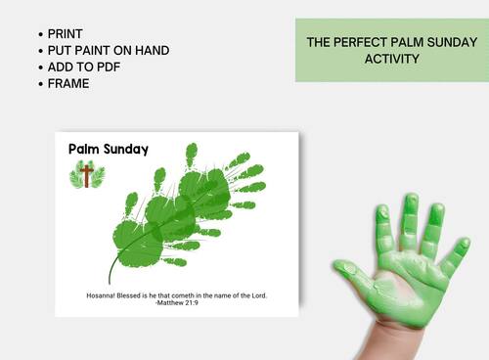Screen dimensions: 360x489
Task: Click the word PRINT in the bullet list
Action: pos(66,33)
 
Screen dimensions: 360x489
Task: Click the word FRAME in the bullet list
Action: pos(68,83)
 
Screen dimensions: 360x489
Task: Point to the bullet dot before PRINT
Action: pos(39,33)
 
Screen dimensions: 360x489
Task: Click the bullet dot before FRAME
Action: pos(39,83)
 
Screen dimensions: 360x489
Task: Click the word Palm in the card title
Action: pos(84,150)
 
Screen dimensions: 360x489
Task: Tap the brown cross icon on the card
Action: pos(86,176)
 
